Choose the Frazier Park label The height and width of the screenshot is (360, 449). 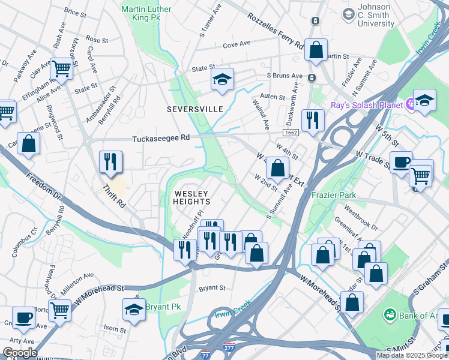pos(334,195)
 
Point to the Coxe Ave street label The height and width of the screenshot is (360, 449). pos(237,44)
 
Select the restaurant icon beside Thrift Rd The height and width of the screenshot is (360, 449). pos(111,161)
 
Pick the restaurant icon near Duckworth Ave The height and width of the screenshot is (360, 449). pos(313,119)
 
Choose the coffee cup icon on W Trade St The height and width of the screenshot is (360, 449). pos(401,161)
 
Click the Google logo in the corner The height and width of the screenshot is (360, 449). pos(20,353)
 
